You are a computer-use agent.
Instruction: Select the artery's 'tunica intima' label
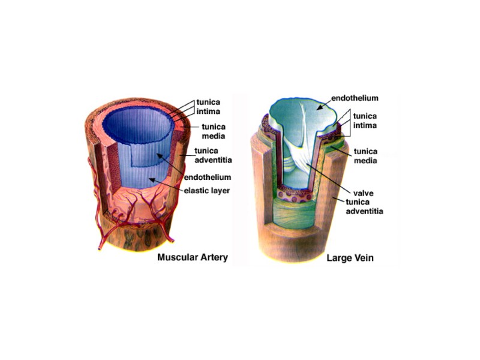(x=209, y=107)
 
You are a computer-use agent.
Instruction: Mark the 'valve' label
(x=363, y=193)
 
